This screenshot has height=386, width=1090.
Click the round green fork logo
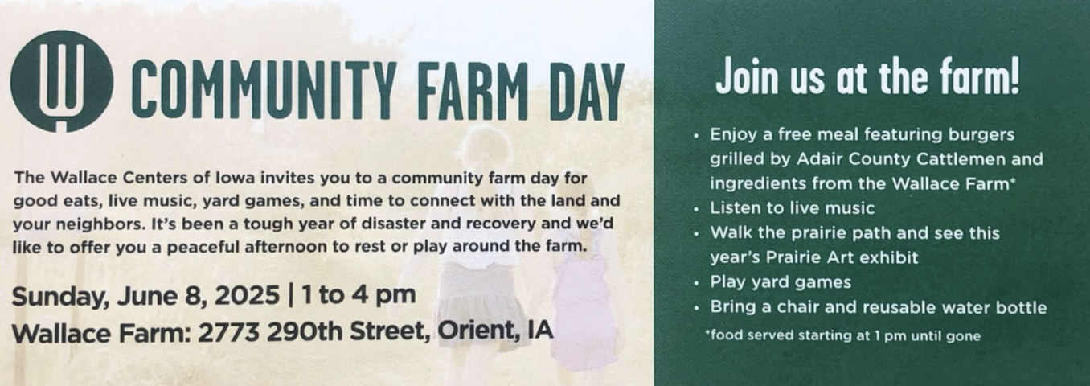62,81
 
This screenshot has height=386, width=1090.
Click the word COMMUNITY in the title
262,91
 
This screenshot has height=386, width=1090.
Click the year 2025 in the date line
248,295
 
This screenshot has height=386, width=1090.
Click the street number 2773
229,332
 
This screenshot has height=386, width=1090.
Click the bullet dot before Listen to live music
697,209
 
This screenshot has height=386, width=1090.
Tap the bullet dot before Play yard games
697,283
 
